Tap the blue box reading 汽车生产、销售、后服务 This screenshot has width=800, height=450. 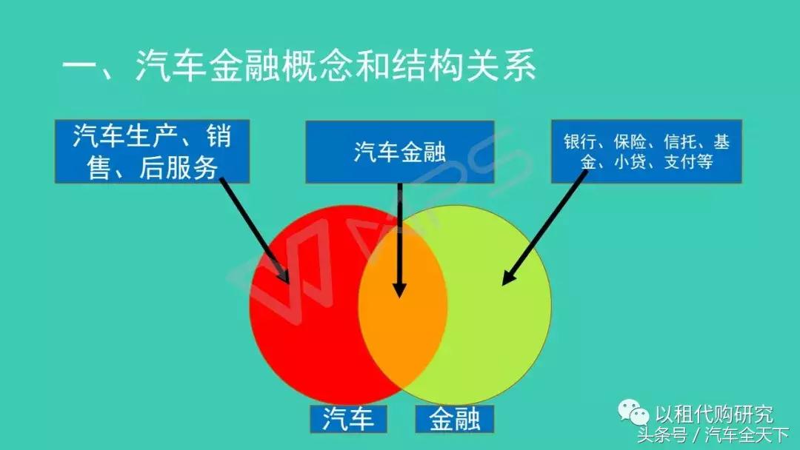tap(152, 152)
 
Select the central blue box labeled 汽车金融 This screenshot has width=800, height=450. tap(399, 152)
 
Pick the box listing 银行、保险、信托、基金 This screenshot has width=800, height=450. tap(646, 152)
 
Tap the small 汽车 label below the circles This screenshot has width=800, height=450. tap(348, 419)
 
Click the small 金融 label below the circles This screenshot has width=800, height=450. tap(454, 419)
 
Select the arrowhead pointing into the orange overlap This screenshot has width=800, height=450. tap(400, 289)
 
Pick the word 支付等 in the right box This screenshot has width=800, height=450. tap(689, 162)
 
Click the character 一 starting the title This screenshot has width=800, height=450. tap(81, 68)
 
